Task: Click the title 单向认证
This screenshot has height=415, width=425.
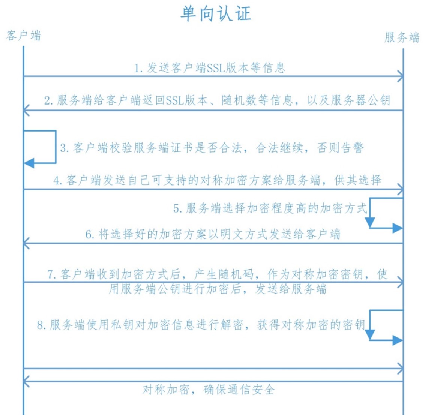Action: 216,13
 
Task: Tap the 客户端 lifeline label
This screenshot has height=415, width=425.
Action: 24,36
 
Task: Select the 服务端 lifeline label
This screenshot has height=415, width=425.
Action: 402,37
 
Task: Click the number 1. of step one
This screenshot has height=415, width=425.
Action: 138,68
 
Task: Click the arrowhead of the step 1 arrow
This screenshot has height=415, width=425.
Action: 401,76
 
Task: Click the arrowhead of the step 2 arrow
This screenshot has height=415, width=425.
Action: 26,111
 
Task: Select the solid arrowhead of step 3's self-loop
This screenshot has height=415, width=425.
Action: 29,163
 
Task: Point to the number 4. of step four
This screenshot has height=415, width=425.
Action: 58,180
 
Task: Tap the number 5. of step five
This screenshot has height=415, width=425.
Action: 177,208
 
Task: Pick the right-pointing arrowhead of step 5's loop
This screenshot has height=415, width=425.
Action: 398,228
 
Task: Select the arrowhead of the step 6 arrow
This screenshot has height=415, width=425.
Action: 26,243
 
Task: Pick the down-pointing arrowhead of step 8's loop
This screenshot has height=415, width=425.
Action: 370,334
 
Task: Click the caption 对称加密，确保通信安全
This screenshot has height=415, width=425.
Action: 209,390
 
